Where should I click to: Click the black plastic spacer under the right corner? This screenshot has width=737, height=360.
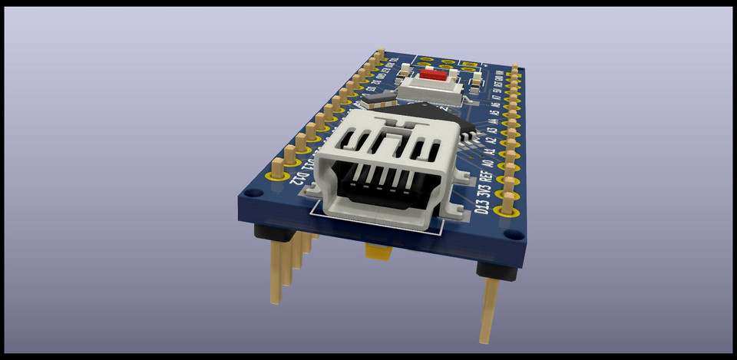(492, 269)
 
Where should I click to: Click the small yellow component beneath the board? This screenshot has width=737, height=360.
(377, 251)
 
